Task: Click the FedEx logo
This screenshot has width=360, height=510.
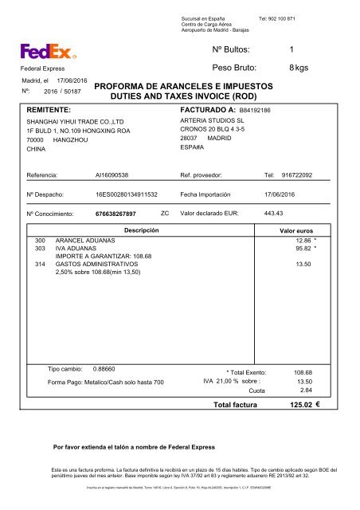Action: coord(49,53)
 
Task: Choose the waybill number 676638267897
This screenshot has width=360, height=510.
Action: coord(115,214)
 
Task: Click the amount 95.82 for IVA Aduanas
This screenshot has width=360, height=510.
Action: coord(302,248)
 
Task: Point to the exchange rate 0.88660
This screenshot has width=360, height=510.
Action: coord(104,369)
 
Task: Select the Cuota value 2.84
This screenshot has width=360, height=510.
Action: coord(304,390)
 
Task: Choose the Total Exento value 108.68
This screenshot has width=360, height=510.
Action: coord(303,372)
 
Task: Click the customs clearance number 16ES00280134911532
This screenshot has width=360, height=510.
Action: coord(127,194)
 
